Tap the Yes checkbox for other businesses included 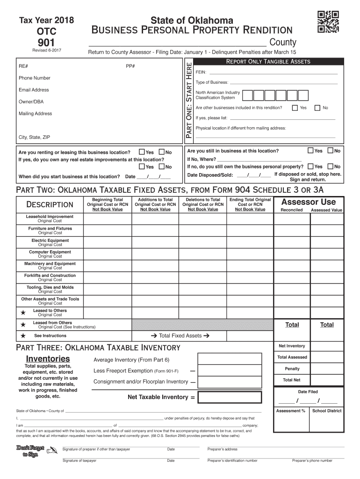coord(295,108)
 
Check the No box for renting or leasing coord(162,152)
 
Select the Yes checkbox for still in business coord(311,151)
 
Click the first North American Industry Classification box coord(247,95)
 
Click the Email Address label coord(34,90)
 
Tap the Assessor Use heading coord(308,202)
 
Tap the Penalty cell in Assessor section coord(292,369)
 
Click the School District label coord(327,411)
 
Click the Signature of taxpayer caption coord(79,460)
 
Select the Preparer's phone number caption coord(312,460)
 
